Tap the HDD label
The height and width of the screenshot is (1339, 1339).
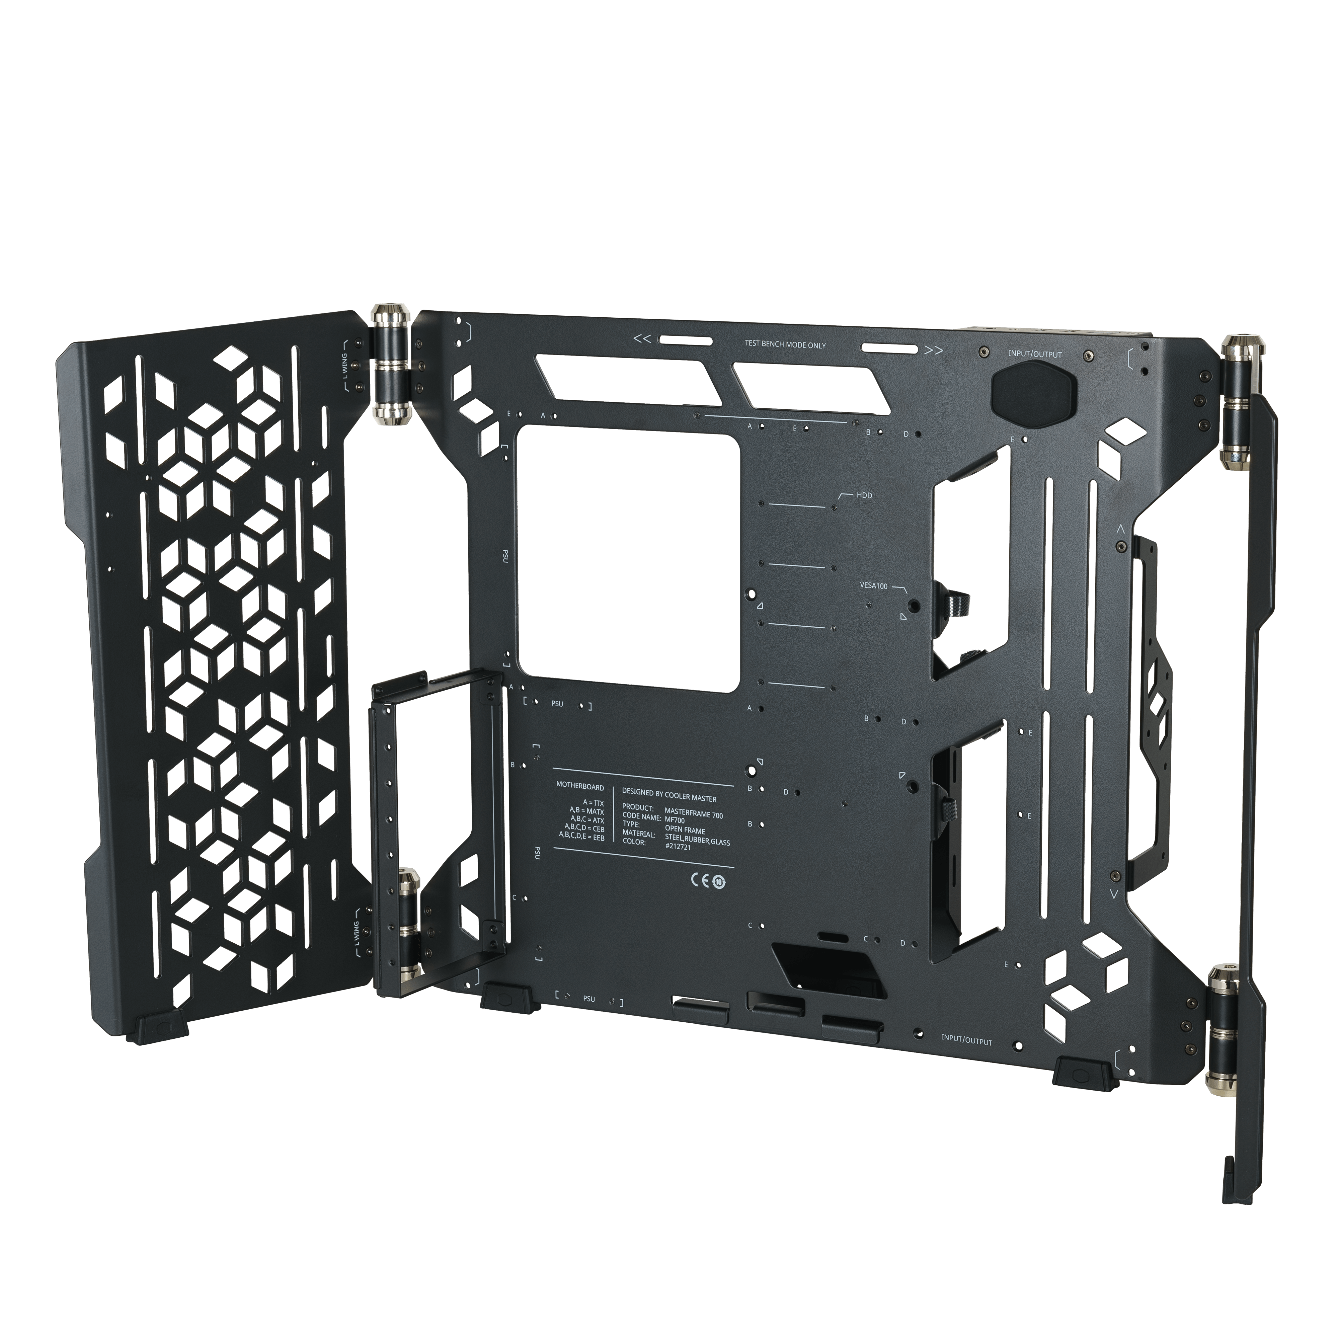pos(864,495)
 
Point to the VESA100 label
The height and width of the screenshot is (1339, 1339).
pos(873,585)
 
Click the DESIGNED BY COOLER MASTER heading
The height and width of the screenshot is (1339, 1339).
pos(669,798)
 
